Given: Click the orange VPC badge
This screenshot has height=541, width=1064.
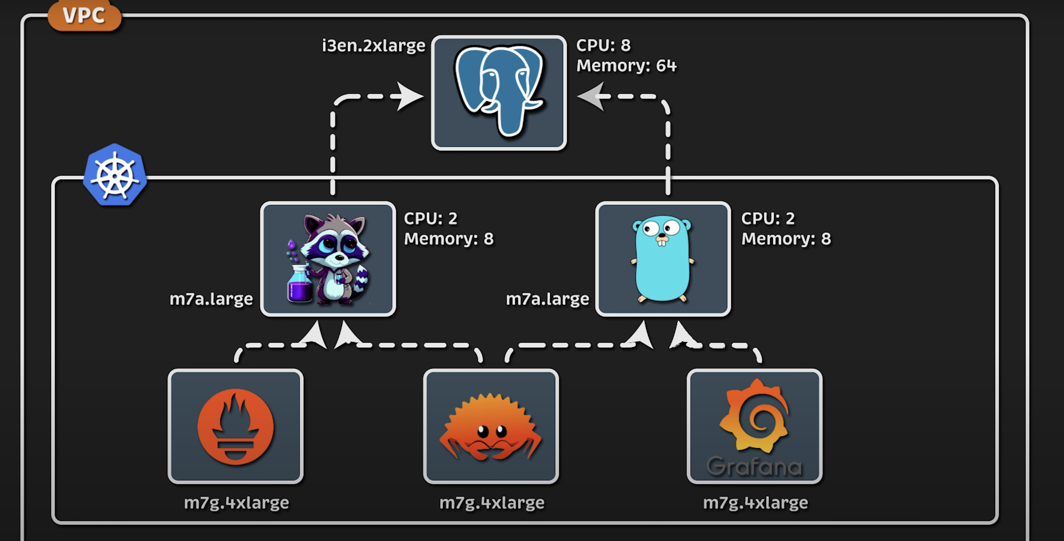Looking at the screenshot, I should [84, 16].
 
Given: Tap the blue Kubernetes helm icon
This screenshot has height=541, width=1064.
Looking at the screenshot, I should [115, 175].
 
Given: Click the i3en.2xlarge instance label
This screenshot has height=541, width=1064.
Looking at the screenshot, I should [373, 46].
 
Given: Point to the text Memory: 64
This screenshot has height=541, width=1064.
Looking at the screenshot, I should [626, 66].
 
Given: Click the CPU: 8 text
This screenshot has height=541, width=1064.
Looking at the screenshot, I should [603, 46].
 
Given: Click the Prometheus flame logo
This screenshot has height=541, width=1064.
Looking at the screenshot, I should [235, 426].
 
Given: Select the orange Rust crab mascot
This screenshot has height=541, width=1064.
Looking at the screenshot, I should [490, 428].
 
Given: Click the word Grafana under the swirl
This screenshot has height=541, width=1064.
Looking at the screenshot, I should [754, 467].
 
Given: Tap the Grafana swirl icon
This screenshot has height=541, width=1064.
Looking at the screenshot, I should [754, 415].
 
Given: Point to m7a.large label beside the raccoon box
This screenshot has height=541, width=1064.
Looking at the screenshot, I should [211, 299].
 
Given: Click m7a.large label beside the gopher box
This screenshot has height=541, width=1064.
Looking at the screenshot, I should [547, 299].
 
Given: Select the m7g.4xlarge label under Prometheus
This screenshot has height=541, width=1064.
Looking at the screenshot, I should [236, 503].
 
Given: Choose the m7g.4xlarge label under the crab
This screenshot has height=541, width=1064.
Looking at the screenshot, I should [491, 503].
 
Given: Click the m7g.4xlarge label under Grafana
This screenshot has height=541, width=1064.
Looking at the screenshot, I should [755, 503].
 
